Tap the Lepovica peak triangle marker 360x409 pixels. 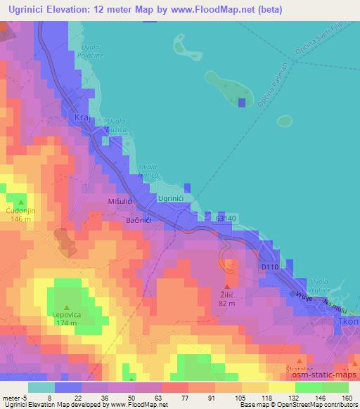click(x=67, y=307)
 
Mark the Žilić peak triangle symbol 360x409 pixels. click(x=226, y=286)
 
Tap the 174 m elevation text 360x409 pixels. click(x=67, y=324)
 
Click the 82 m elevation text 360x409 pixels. click(x=226, y=304)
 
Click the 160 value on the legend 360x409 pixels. click(x=347, y=397)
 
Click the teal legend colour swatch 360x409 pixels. click(x=41, y=387)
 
